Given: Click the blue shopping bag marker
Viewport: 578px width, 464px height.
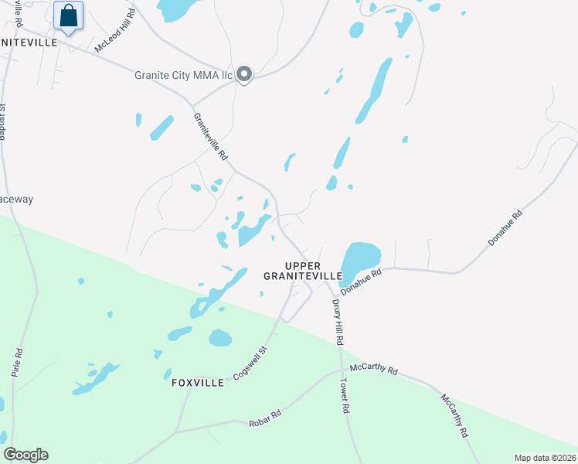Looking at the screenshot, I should coord(69,15).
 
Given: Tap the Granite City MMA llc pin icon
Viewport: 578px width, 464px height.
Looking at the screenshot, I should coord(244,74).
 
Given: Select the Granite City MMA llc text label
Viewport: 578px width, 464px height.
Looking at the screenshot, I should coord(183,75).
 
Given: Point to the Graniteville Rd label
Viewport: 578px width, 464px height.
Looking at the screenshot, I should coord(210,137).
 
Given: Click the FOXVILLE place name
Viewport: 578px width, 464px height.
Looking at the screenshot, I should coord(197,382).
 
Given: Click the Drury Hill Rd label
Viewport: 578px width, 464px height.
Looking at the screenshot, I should coord(338,322).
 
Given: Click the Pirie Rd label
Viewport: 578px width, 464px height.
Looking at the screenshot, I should coord(19,363).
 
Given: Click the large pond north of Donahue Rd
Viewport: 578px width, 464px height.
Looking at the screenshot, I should coord(361,258).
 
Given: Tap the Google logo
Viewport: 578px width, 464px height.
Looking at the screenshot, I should coord(25,454).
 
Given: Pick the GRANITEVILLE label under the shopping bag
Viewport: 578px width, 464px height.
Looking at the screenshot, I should coord(29,43).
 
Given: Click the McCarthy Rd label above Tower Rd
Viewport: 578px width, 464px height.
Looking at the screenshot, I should coord(372,370).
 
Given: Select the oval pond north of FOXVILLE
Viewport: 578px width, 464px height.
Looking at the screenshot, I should coord(220,338).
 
